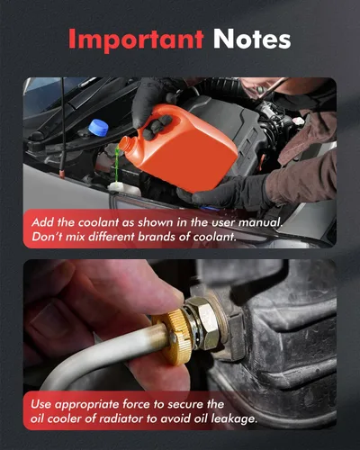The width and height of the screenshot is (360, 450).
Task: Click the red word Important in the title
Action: click(x=136, y=40)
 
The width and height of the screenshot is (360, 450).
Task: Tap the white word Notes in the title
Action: click(x=252, y=40)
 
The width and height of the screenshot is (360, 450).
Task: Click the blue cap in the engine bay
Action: click(x=100, y=128)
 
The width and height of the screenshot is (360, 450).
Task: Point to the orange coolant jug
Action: click(x=180, y=150)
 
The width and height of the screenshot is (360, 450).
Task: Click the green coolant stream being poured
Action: click(x=117, y=165)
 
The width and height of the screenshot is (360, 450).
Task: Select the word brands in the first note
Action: click(x=156, y=237)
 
